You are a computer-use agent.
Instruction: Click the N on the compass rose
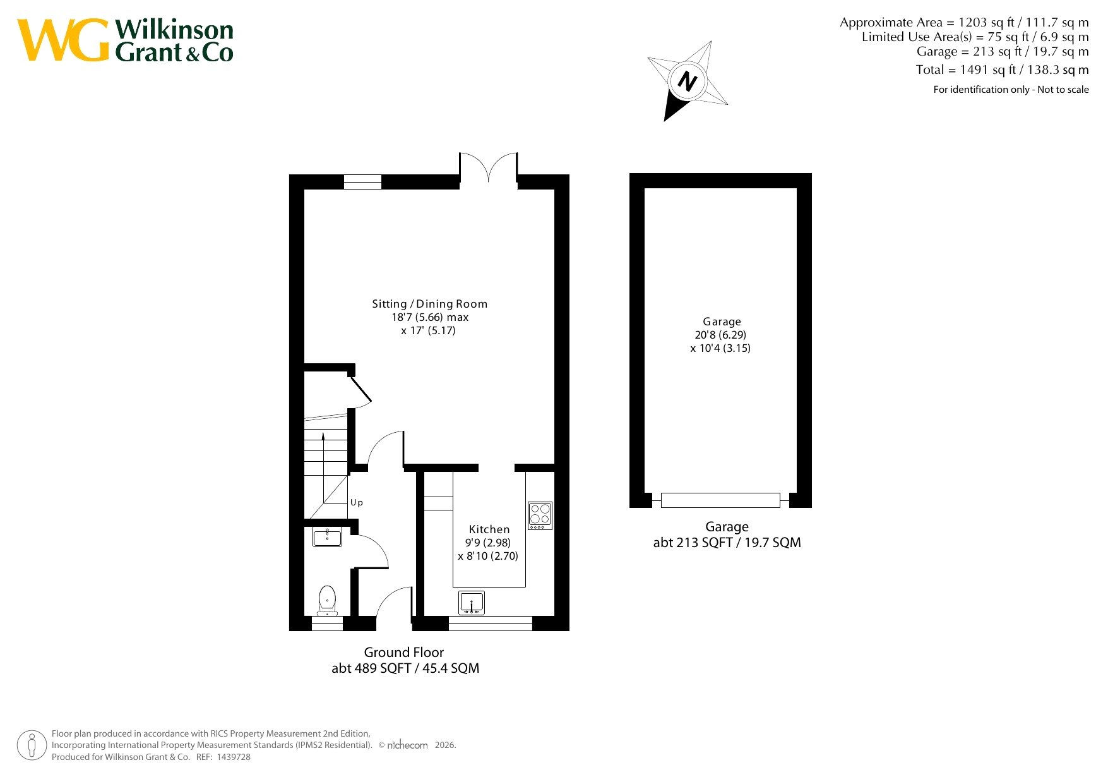687,81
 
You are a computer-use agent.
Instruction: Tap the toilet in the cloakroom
327,600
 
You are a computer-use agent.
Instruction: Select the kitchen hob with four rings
540,516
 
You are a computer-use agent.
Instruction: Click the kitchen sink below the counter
472,603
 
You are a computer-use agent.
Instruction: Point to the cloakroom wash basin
327,537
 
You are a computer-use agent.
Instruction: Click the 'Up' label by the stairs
357,503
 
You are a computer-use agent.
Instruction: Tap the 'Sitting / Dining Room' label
430,304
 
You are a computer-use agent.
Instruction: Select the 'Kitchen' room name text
489,529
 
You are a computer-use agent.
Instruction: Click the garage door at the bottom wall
720,500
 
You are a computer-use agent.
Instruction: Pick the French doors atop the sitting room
488,168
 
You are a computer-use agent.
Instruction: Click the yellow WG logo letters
63,40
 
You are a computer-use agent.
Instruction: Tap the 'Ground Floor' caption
404,653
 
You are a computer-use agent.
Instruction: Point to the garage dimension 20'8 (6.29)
720,335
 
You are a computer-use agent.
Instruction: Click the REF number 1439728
234,757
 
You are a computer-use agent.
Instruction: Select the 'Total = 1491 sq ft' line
1003,69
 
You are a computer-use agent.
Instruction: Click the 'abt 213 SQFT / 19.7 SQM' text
727,543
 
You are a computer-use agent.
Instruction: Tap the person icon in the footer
32,745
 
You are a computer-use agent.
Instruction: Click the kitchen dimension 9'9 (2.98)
488,543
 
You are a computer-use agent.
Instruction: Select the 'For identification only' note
1011,90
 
